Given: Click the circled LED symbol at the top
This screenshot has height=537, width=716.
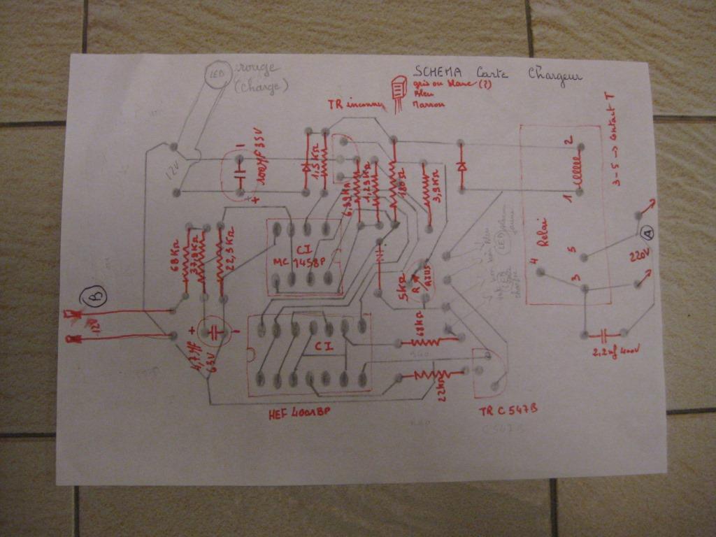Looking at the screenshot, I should click(x=218, y=73).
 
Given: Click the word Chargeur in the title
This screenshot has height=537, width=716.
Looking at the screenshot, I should click(x=554, y=73).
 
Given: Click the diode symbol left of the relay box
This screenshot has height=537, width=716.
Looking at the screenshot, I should click(x=461, y=167).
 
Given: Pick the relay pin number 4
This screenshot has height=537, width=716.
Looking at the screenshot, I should click(x=534, y=262).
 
